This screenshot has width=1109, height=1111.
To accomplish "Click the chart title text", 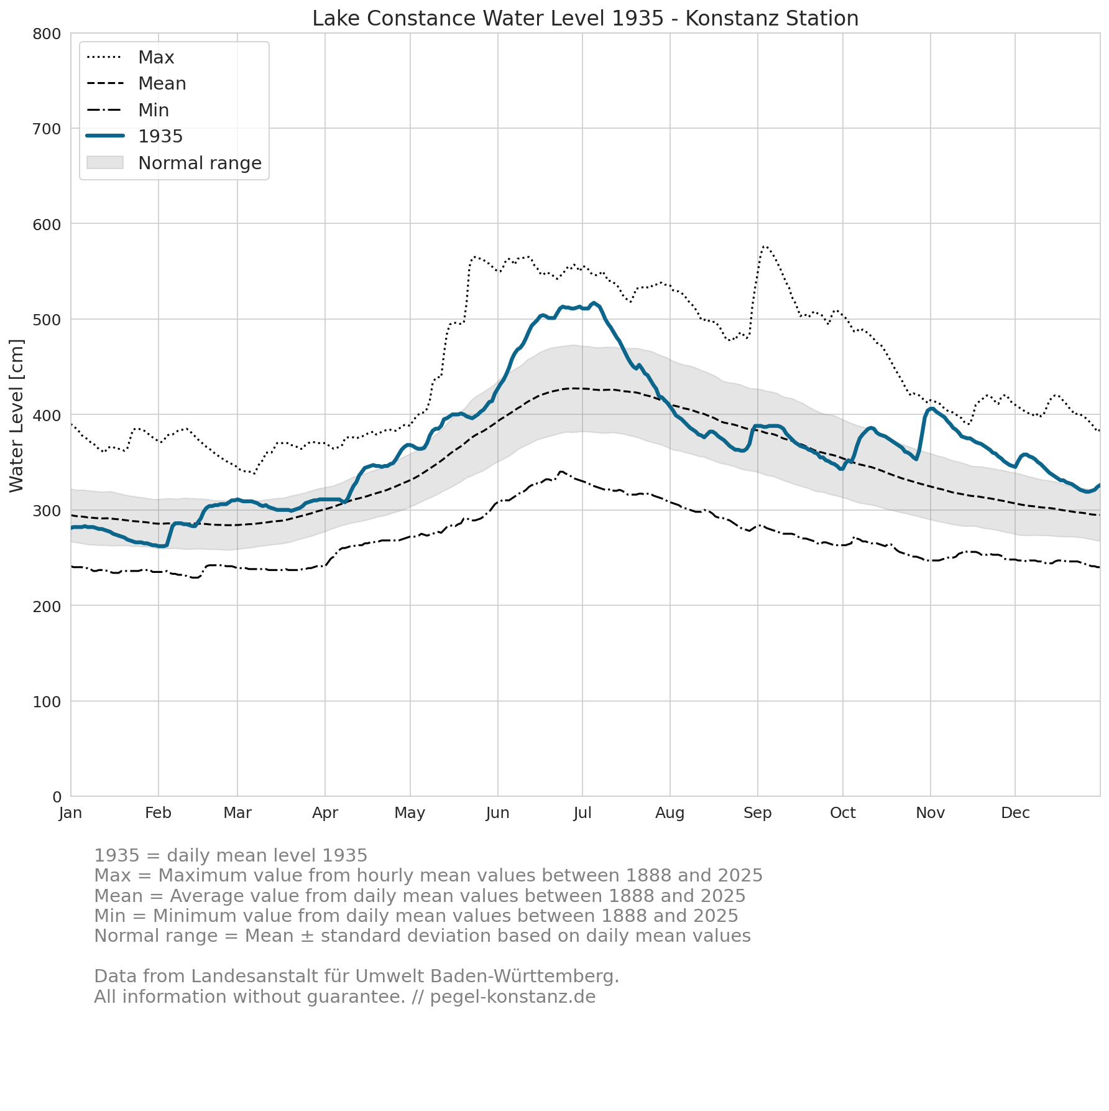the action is pos(585,19).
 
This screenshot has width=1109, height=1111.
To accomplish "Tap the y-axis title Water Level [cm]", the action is pos(17,415).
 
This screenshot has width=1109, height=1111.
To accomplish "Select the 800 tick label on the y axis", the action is pos(47,34).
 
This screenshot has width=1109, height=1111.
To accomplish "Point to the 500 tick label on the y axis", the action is pos(47,320).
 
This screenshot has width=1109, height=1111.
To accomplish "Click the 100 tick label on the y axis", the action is pos(47,702).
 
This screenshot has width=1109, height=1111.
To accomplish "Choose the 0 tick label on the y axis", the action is pos(57,797).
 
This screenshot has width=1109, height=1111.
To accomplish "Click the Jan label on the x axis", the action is pos(71,813).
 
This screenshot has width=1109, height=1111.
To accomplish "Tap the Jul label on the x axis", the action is pos(582,813).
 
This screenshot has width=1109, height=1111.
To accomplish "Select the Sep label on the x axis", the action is pos(758,813).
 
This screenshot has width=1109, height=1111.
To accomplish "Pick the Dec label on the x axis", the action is pos(1015,813).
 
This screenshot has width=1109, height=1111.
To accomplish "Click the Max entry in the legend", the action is pos(131,57).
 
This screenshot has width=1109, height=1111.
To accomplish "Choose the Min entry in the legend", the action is pos(128,110).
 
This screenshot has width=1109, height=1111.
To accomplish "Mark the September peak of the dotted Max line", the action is pos(764,246).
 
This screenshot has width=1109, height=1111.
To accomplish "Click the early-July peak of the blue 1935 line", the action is pos(594,303).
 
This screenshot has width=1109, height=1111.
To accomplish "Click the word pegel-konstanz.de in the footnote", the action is pos(513,997).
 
